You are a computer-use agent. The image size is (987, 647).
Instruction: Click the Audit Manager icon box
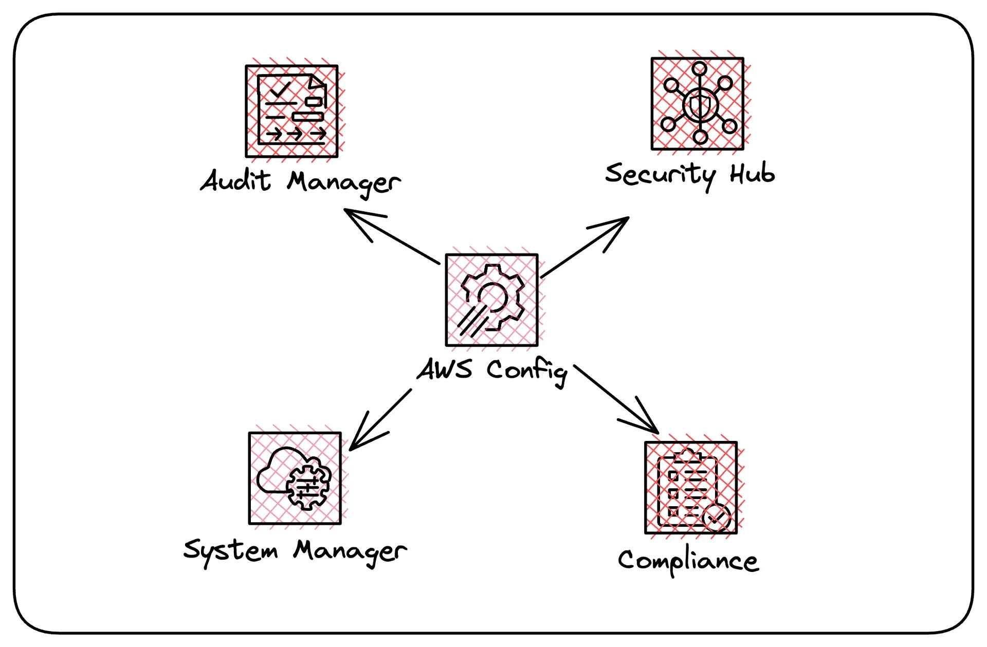click(x=291, y=111)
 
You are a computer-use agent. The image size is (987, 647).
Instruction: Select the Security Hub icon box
click(x=698, y=104)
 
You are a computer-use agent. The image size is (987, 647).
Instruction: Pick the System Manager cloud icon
click(x=295, y=478)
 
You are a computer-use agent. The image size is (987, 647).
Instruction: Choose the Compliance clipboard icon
click(x=691, y=488)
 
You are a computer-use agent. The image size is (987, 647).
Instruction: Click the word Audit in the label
click(x=235, y=181)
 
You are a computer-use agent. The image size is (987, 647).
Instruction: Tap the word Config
click(x=527, y=371)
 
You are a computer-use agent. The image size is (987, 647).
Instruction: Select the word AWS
click(x=445, y=369)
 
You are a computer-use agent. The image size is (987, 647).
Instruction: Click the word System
click(x=230, y=551)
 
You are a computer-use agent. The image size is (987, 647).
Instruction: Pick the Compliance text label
click(x=688, y=561)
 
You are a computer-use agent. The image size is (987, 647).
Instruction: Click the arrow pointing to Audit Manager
click(x=390, y=236)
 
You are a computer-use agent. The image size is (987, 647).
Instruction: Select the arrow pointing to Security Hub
click(x=586, y=247)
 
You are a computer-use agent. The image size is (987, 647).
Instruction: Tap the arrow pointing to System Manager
click(x=380, y=419)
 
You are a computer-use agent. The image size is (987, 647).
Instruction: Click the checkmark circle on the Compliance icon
click(x=717, y=518)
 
